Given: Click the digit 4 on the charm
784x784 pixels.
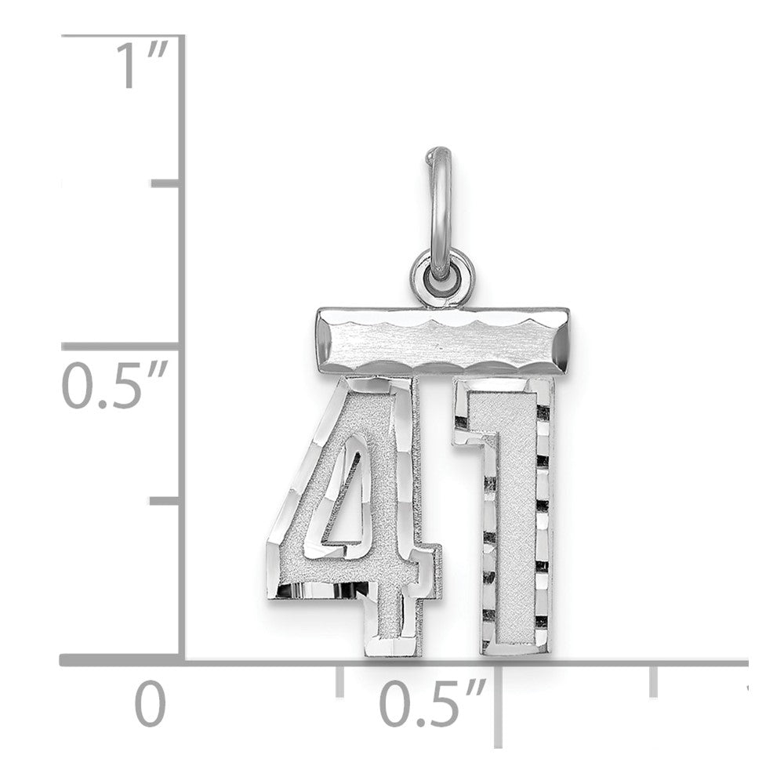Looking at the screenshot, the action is [x=354, y=515].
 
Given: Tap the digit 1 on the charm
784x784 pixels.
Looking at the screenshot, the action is [x=503, y=515].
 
